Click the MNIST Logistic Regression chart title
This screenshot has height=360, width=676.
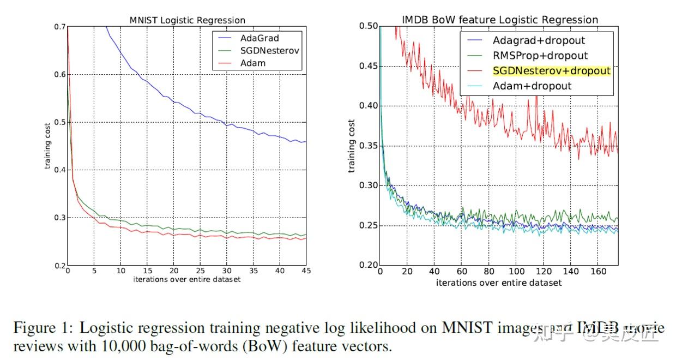187,20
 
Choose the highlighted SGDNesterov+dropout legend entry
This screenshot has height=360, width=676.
551,71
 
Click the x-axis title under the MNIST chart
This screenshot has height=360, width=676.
187,280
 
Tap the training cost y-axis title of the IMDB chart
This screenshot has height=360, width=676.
352,146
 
